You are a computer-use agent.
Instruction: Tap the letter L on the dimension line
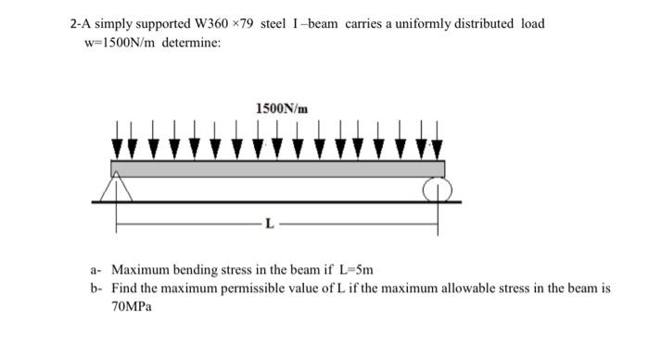269,224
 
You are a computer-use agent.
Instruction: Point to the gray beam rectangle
278,168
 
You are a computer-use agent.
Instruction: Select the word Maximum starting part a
141,270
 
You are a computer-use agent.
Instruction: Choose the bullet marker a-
95,270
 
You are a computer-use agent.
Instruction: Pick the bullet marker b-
95,289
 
